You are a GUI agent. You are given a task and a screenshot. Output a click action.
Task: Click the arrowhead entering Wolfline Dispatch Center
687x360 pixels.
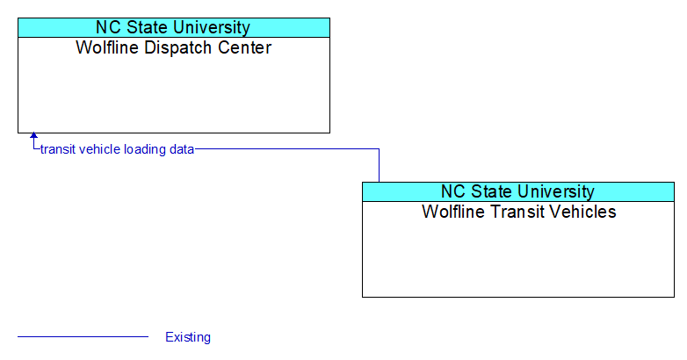(33, 136)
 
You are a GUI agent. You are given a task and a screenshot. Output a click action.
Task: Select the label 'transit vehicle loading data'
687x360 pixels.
(117, 149)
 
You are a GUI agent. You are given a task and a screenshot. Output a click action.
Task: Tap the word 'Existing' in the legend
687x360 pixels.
(188, 337)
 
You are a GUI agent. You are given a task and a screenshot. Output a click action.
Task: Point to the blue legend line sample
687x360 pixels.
(83, 337)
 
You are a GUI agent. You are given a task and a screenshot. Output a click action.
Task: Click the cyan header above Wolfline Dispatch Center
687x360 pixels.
(174, 27)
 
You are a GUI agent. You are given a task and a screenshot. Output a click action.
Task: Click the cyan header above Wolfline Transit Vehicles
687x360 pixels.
(518, 191)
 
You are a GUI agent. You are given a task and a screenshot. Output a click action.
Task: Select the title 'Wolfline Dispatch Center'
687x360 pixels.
(174, 47)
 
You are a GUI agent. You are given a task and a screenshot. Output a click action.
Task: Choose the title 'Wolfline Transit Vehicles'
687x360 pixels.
(518, 212)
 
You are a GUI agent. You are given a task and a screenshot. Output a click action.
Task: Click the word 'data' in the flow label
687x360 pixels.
(182, 149)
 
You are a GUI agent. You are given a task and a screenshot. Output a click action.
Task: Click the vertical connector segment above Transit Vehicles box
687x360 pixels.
(379, 166)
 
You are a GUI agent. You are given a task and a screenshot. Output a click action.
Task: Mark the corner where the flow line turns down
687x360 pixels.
(379, 149)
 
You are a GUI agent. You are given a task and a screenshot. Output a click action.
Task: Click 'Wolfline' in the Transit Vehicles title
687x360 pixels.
(454, 212)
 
